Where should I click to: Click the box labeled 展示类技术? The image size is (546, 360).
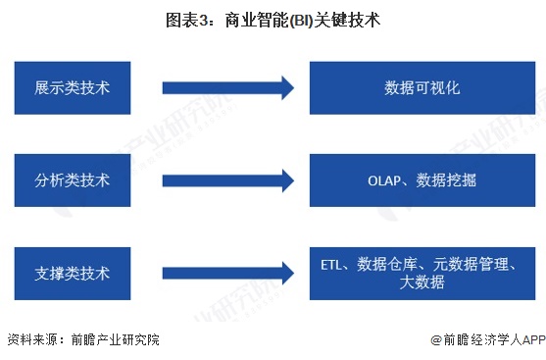point(72,88)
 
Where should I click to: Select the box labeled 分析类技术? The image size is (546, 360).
point(72,180)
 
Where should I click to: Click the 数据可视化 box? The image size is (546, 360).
point(422,88)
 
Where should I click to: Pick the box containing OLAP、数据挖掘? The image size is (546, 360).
point(422,180)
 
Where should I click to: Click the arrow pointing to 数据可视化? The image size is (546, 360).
point(227,88)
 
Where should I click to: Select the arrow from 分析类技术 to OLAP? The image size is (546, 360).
point(227,180)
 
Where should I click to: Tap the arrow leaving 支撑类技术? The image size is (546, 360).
point(227,273)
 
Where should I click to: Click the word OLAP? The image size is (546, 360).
point(385,180)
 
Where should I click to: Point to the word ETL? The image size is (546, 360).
point(334,264)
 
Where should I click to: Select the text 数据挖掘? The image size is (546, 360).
point(447,180)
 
